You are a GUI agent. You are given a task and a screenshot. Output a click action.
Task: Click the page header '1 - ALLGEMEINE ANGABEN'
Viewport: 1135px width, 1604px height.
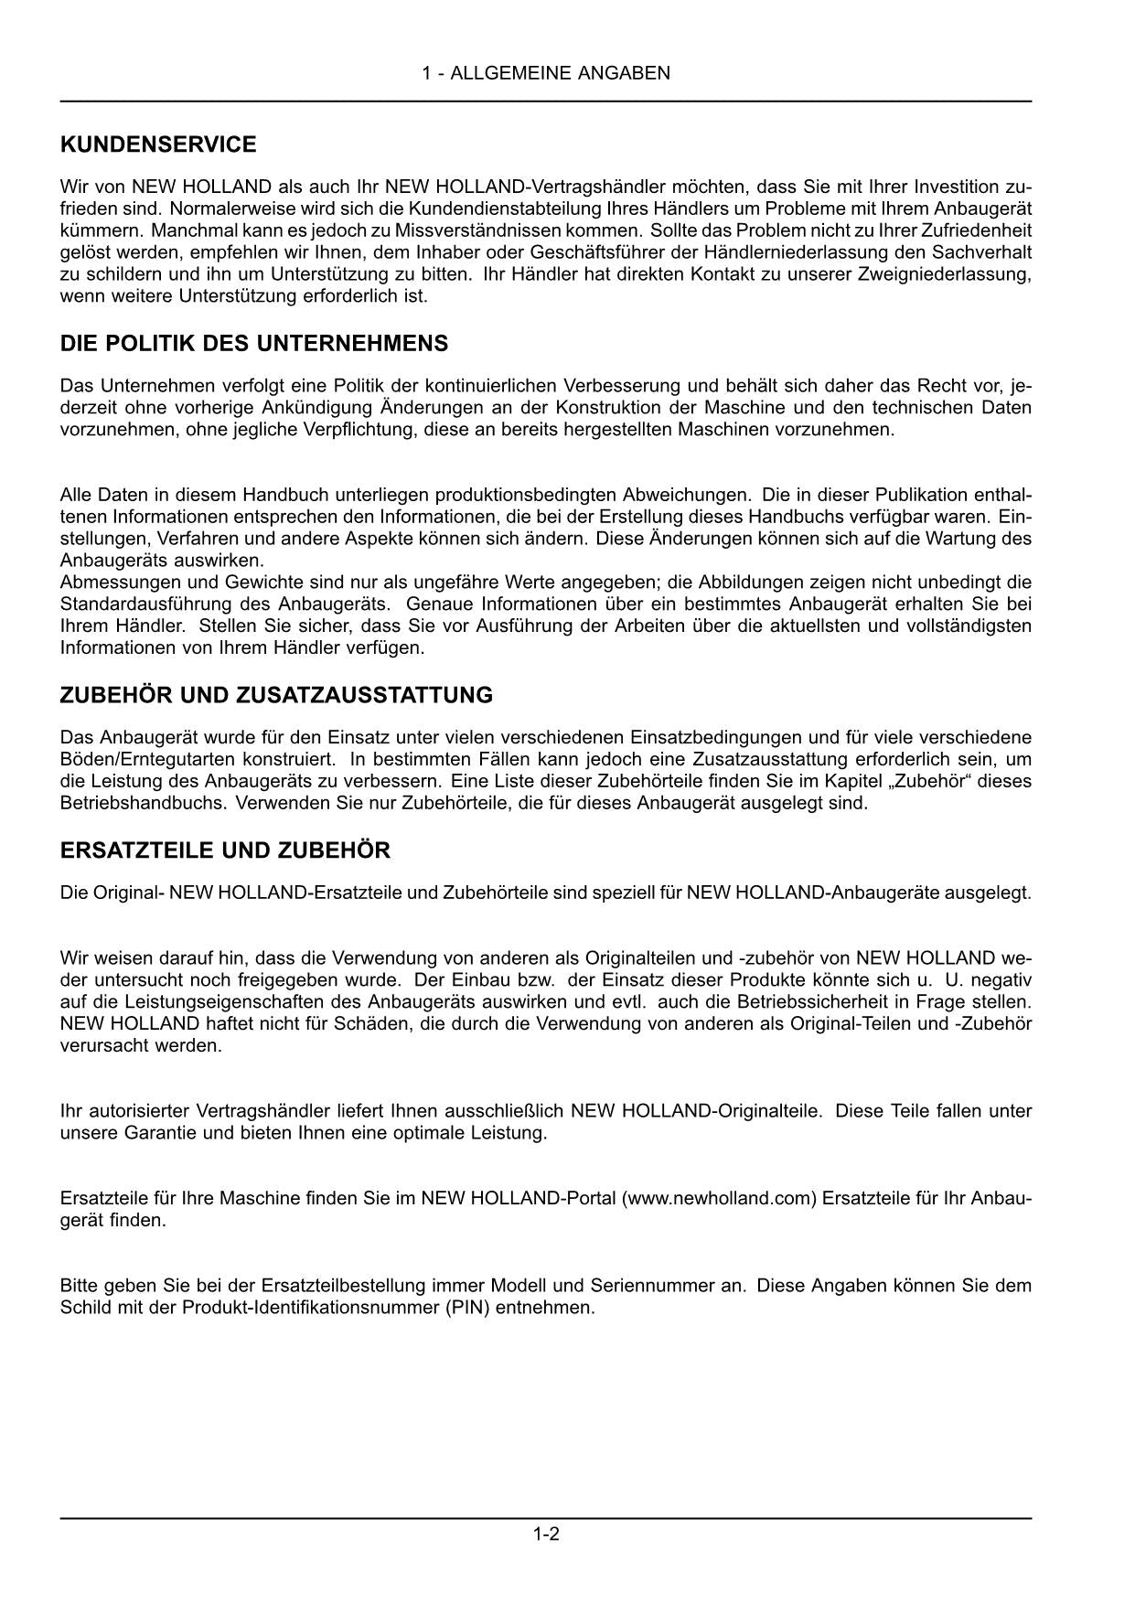[546, 73]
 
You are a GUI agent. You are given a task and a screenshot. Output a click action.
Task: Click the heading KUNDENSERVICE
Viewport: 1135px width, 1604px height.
[158, 144]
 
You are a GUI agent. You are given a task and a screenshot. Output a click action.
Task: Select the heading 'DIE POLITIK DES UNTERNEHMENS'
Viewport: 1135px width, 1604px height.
[254, 344]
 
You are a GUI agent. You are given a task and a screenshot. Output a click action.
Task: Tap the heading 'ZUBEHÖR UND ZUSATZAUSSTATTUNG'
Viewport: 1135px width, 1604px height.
[276, 695]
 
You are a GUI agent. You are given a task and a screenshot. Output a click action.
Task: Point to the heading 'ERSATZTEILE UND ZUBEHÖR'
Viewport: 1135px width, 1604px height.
[225, 850]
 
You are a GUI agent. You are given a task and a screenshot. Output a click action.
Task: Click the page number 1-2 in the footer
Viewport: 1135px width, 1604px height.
[546, 1534]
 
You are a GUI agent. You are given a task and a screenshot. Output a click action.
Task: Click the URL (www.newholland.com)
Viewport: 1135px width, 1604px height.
[718, 1199]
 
